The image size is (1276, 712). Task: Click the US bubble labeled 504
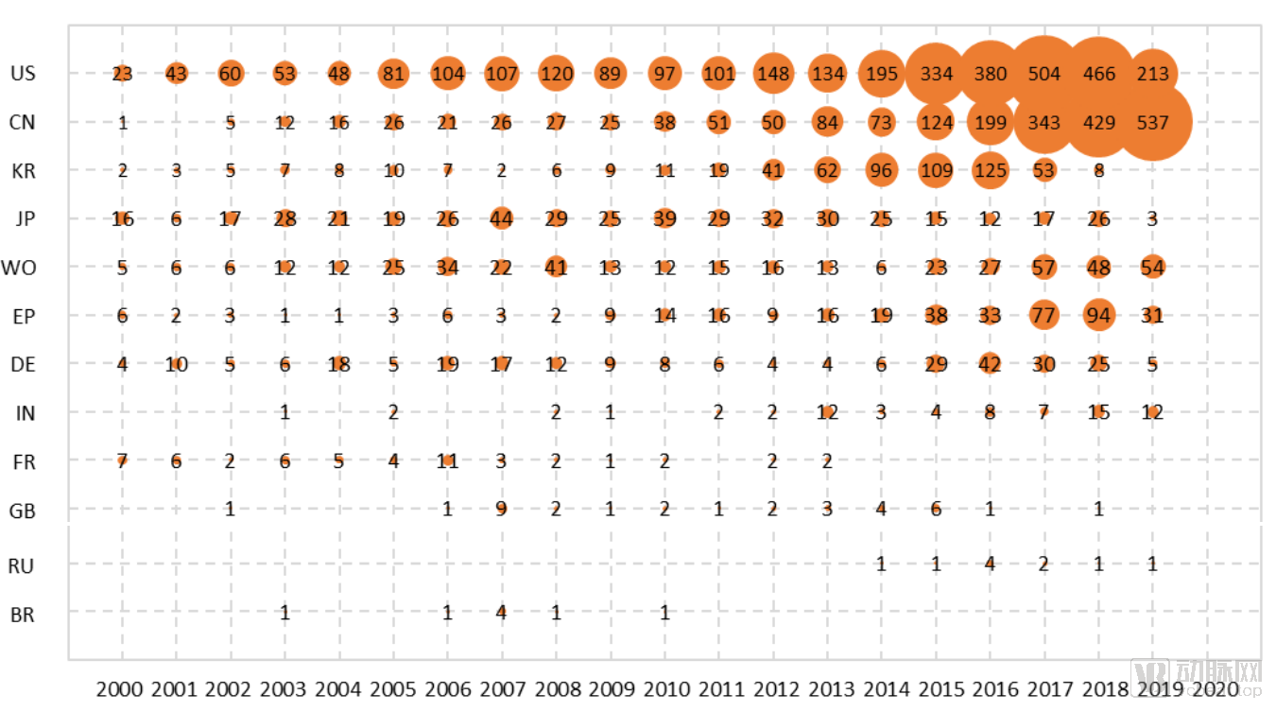(x=1044, y=74)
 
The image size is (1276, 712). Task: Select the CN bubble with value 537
(x=1153, y=123)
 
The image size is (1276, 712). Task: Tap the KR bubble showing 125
(x=990, y=171)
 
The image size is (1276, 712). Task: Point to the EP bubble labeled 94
(x=1099, y=316)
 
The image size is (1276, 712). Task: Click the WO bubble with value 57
(x=1044, y=268)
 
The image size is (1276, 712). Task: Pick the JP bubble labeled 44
(x=501, y=219)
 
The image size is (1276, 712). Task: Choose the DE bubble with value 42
(x=990, y=364)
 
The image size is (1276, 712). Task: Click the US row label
(x=24, y=74)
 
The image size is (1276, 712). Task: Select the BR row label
(x=23, y=615)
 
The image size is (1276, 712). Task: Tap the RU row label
(x=22, y=566)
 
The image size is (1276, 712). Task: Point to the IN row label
(x=24, y=413)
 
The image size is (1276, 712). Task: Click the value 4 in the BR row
(x=501, y=613)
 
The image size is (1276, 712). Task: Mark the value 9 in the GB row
(x=501, y=510)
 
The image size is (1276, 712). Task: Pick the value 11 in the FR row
(x=447, y=461)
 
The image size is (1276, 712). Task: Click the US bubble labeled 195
(x=882, y=74)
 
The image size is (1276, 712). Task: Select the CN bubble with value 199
(x=990, y=123)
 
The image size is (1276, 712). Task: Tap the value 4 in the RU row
(x=990, y=564)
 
